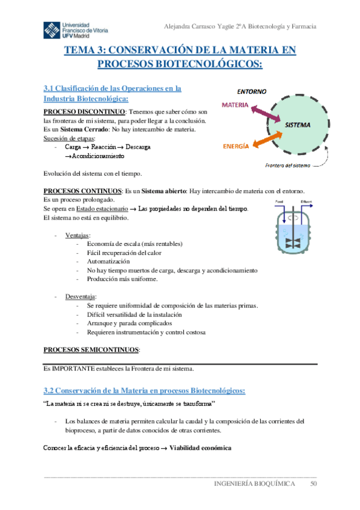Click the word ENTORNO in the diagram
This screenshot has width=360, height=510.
[x=252, y=92]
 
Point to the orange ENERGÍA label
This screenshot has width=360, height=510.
[x=237, y=146]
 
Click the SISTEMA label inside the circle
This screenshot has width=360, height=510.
[x=297, y=126]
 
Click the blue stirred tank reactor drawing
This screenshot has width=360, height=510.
[x=294, y=226]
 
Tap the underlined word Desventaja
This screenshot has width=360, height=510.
[x=81, y=296]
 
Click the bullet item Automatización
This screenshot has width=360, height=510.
[x=108, y=262]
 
